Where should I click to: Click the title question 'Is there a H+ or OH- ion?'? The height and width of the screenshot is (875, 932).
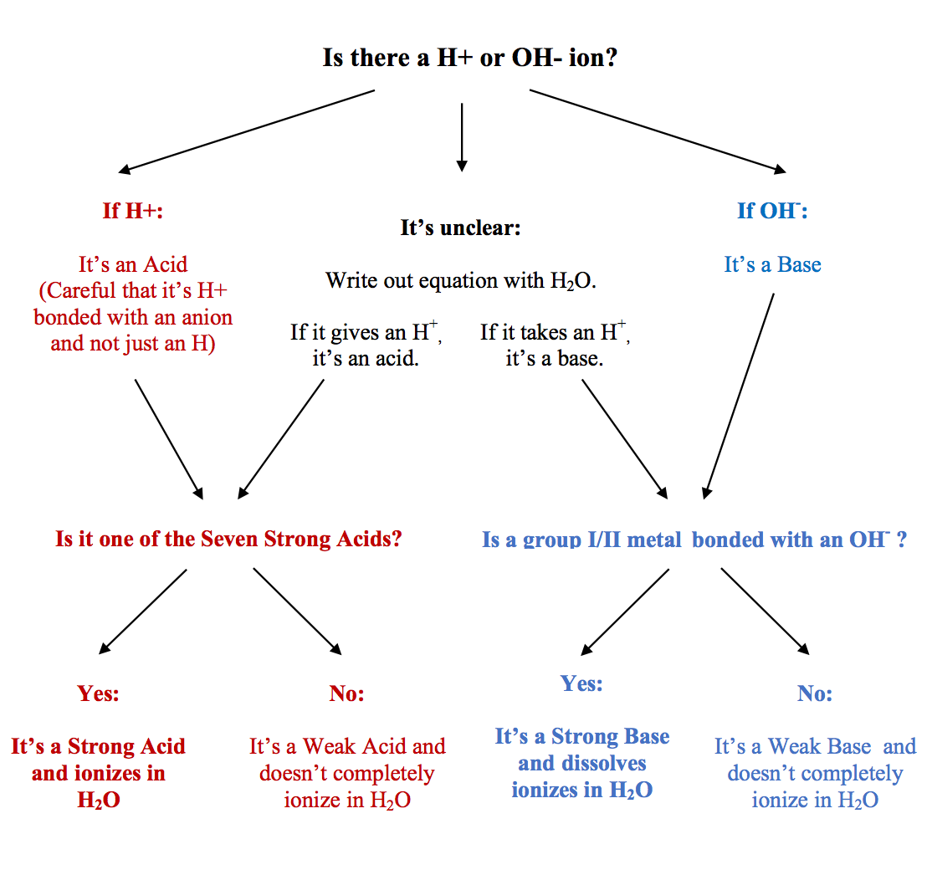pyautogui.click(x=470, y=59)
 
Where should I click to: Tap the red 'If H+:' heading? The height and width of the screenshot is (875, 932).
pyautogui.click(x=133, y=210)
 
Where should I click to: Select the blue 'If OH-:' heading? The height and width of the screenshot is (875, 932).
pyautogui.click(x=772, y=210)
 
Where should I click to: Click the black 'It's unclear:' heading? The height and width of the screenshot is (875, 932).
pyautogui.click(x=460, y=228)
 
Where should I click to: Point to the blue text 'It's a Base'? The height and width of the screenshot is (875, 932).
pyautogui.click(x=772, y=265)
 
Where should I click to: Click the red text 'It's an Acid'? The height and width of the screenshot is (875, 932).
pyautogui.click(x=133, y=265)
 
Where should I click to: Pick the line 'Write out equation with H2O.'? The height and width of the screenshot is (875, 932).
pyautogui.click(x=460, y=280)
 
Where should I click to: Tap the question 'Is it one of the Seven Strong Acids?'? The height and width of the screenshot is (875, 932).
pyautogui.click(x=228, y=539)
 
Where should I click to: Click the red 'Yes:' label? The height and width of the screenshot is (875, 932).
pyautogui.click(x=99, y=693)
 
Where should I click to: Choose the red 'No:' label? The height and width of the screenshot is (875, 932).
pyautogui.click(x=347, y=693)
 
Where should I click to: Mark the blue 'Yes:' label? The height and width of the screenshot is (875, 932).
pyautogui.click(x=581, y=683)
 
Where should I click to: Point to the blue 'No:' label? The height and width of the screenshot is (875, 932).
pyautogui.click(x=814, y=693)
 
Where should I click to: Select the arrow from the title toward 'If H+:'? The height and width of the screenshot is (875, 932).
pyautogui.click(x=247, y=131)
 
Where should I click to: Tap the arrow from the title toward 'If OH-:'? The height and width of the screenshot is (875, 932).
pyautogui.click(x=658, y=131)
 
